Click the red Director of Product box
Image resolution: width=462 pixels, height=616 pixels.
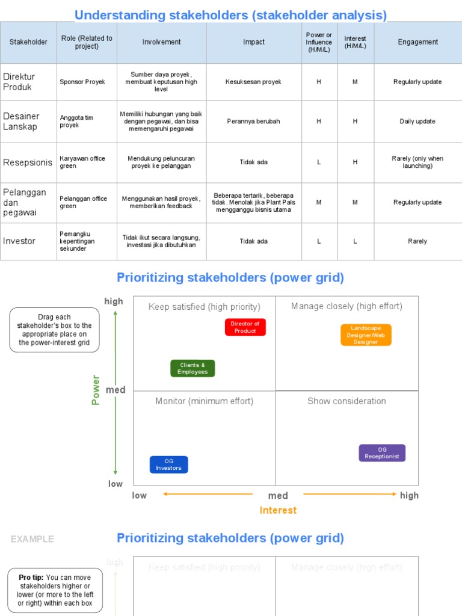pos(245,327)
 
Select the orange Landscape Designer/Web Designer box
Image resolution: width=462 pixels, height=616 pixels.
pos(366,335)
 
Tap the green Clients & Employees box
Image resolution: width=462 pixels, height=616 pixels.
pos(192,368)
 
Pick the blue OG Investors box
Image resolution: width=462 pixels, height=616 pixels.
pos(168,464)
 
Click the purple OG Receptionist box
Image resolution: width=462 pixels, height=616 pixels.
pos(382,453)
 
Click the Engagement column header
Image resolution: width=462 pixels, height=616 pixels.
pos(417,42)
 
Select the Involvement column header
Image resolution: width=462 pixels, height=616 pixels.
pos(161,42)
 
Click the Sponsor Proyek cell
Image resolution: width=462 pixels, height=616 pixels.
pos(82,82)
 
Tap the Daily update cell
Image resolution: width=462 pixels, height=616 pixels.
pos(417,122)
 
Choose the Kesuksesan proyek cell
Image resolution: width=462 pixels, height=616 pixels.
pos(253,82)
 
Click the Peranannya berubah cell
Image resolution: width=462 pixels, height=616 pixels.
pos(253,122)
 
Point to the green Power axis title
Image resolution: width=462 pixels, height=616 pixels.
pos(96,390)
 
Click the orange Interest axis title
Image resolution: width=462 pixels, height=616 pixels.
pos(278,510)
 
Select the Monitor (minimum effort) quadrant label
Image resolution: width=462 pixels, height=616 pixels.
pos(204,401)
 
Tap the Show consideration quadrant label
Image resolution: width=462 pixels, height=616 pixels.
pos(346,401)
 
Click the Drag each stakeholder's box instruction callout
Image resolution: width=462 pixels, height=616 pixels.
pos(54,330)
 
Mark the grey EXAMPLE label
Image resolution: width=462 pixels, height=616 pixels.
pos(32,539)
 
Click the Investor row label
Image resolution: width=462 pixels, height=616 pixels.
pos(19,241)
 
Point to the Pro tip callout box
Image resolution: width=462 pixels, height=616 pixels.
pos(55,590)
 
